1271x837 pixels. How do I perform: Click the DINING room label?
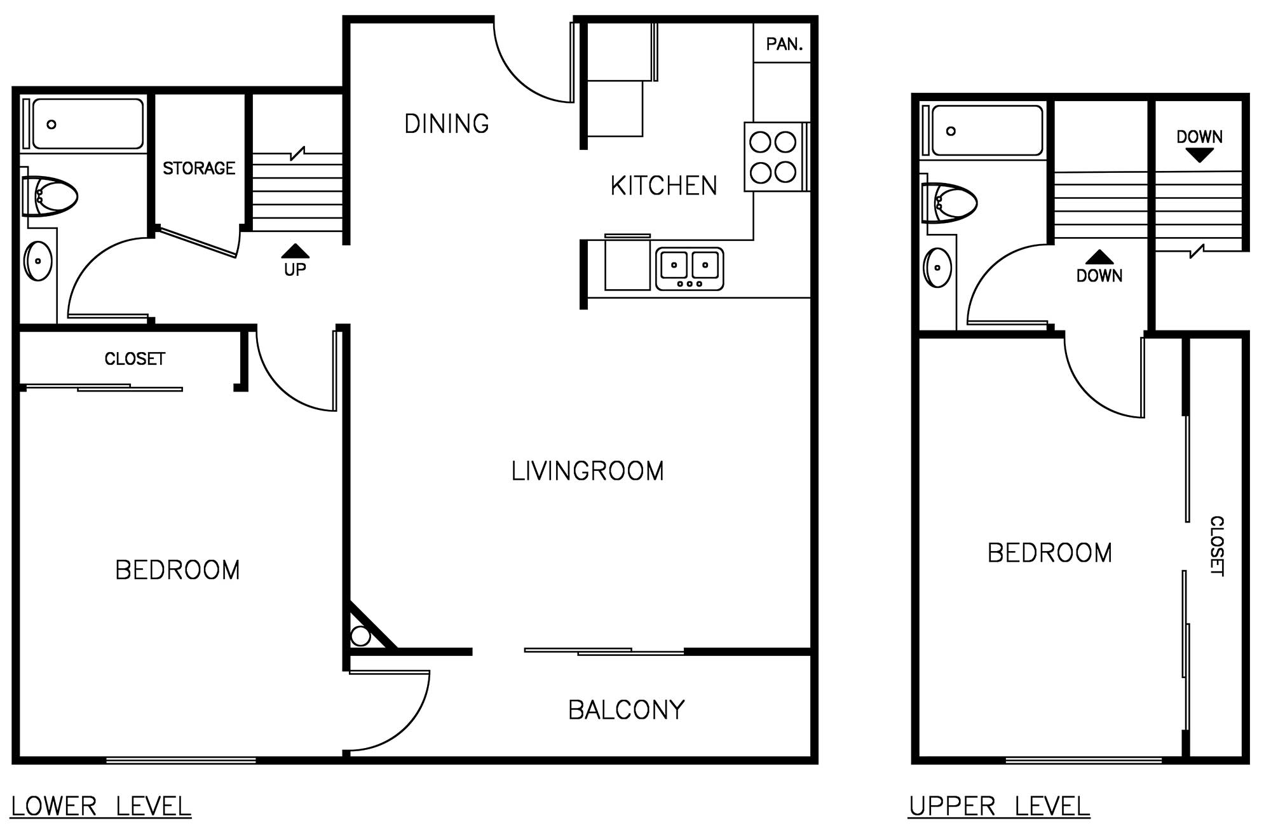(447, 123)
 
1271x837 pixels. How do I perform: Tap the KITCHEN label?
(663, 186)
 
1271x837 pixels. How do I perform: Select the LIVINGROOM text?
(588, 471)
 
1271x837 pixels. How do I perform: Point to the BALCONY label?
(627, 710)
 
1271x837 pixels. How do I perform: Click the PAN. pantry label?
(784, 44)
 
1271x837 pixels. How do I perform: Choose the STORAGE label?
(199, 168)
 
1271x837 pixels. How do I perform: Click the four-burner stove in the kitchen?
(773, 157)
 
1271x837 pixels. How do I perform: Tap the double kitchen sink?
(690, 269)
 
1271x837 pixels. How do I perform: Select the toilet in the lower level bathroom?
(49, 196)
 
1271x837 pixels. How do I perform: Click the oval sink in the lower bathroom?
(38, 261)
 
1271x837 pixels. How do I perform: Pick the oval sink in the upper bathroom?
(937, 268)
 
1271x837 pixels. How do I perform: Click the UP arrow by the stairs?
(295, 251)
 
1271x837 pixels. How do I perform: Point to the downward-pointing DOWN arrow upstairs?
(1199, 155)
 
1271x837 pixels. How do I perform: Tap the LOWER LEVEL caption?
(101, 806)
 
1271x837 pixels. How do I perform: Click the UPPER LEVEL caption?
(999, 806)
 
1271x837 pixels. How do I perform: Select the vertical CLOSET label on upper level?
(1216, 546)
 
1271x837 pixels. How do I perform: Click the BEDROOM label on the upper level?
(1050, 553)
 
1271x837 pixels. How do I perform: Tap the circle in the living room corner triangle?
(360, 636)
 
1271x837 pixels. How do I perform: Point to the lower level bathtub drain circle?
(51, 125)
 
